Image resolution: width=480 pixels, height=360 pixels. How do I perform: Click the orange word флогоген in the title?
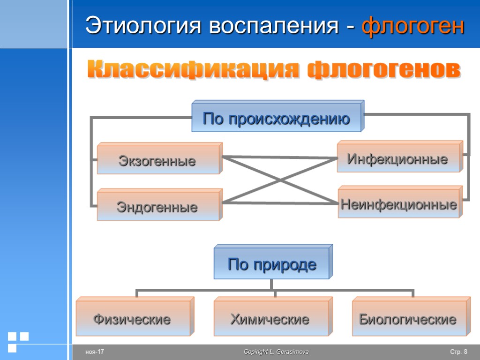(413, 26)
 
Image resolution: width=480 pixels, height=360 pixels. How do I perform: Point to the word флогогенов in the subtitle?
(383, 71)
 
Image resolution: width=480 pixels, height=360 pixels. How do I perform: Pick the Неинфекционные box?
(399, 204)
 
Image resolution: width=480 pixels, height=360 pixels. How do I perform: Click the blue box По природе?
(272, 265)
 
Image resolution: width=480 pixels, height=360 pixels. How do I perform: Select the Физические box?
(132, 320)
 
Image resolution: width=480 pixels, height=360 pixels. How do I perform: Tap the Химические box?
(270, 320)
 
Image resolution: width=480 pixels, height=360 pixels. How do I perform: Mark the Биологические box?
(408, 320)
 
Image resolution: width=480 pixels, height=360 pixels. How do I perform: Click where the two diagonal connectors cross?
(280, 180)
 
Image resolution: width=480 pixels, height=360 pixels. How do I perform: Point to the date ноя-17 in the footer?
(94, 352)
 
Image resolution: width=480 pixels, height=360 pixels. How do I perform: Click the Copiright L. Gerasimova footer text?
(276, 352)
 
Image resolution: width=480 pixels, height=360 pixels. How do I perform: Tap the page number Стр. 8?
(458, 352)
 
